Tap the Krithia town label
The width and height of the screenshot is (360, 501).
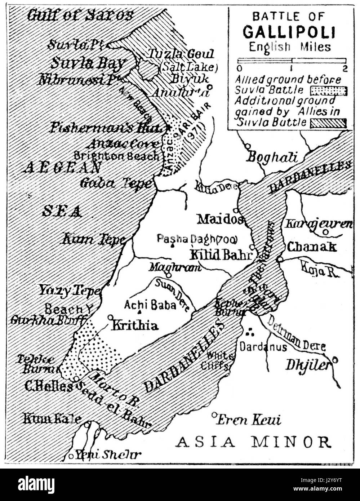click(134, 325)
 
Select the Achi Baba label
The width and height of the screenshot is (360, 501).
click(150, 305)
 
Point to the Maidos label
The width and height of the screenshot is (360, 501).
click(220, 218)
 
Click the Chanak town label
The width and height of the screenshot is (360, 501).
click(312, 247)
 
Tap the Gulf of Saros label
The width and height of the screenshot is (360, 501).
click(80, 15)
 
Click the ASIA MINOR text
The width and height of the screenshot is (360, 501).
click(253, 442)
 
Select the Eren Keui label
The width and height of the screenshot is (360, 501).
click(249, 420)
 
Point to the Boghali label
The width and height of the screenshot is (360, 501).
click(272, 157)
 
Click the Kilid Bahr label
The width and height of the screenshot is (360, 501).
click(220, 254)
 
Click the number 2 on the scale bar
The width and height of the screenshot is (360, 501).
click(345, 69)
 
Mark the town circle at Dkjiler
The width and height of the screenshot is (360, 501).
click(335, 359)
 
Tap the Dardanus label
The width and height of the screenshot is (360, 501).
click(263, 347)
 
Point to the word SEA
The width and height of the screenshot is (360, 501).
click(62, 211)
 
